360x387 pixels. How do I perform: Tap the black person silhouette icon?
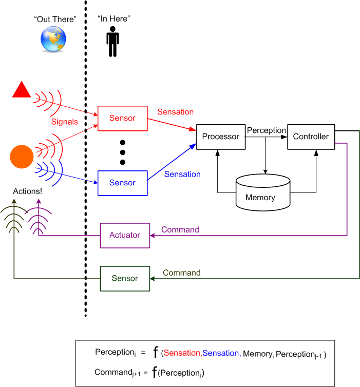[112, 40]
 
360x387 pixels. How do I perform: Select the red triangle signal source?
[22, 90]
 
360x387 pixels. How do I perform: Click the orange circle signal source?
[22, 156]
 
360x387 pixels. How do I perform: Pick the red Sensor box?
[122, 118]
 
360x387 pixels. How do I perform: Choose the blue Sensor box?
[122, 183]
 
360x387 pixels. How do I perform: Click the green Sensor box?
[125, 278]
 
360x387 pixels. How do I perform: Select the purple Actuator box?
[125, 235]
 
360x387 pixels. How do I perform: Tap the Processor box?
[220, 137]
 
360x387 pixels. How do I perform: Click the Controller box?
[311, 137]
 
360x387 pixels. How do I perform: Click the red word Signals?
[65, 122]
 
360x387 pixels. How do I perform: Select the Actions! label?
[27, 192]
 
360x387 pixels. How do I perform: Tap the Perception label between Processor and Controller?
[266, 130]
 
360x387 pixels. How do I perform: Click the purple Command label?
[180, 229]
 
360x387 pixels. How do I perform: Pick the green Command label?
[181, 273]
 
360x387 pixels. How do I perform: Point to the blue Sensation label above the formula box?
[182, 174]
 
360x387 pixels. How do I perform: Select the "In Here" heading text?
[114, 19]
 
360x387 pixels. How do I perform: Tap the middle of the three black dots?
[122, 152]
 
